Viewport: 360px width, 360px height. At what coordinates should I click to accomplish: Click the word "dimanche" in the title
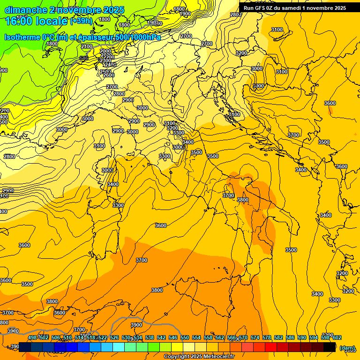[25, 10]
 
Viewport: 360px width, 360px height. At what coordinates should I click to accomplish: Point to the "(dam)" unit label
[347, 348]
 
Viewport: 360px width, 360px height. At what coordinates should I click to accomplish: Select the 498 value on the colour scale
[32, 337]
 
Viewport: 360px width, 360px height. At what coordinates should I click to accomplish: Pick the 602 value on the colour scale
[337, 337]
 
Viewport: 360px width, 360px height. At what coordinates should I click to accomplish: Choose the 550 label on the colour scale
[185, 337]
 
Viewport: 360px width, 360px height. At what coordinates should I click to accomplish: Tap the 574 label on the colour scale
[255, 337]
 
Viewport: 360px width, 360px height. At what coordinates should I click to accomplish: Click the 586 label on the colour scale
[290, 337]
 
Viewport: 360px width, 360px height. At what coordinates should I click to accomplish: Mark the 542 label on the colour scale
[161, 337]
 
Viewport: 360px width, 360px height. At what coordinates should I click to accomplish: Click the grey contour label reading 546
[84, 58]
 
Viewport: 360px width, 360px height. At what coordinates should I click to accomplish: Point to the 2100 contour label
[87, 47]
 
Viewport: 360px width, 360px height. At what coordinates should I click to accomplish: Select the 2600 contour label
[109, 75]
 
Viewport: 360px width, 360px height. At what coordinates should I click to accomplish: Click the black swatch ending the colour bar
[330, 347]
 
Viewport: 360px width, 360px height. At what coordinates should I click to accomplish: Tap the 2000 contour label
[105, 51]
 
